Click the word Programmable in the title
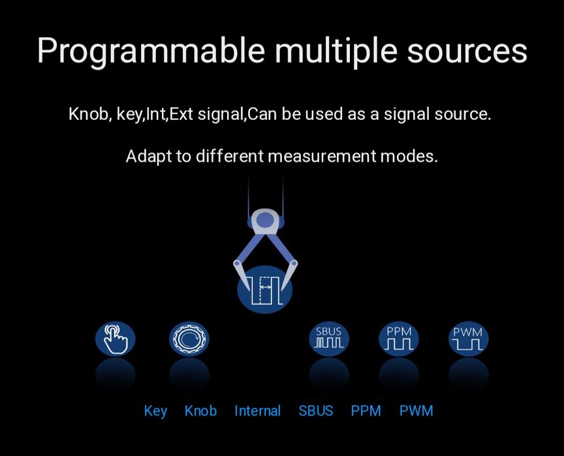point(151,51)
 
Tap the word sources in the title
point(467,51)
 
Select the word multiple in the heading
point(336,51)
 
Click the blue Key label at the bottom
point(155,412)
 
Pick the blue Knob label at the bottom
point(200,411)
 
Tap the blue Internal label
point(258,411)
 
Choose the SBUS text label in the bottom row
point(316,411)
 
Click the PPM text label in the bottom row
point(366,411)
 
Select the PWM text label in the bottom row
point(416,411)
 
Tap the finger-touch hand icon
point(116,339)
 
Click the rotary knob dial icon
point(189,339)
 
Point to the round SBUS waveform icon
point(329,339)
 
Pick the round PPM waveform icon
point(399,339)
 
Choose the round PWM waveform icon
point(468,339)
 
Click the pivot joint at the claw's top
point(265,220)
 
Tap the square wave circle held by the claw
point(265,290)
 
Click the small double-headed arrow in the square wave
point(266,287)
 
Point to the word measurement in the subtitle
point(322,157)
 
